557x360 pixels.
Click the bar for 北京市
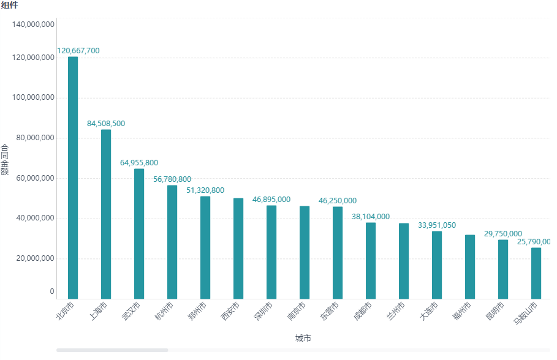tap(73, 178)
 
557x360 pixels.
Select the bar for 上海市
tap(106, 214)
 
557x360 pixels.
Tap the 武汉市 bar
tap(139, 233)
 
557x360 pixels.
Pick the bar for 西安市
tap(238, 248)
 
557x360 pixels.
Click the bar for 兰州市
tap(404, 261)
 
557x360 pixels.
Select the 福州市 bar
tap(470, 266)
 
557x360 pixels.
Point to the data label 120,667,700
tap(78, 51)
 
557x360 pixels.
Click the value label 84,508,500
tap(106, 124)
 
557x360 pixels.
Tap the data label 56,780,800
tap(172, 179)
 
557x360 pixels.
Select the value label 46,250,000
tap(338, 201)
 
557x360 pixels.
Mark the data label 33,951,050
tap(437, 225)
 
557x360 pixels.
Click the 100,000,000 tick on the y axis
tap(34, 98)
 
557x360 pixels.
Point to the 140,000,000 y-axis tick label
tap(34, 25)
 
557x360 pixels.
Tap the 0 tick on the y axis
tap(52, 292)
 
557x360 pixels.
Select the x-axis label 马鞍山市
tap(525, 313)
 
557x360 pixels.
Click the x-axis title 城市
tap(303, 339)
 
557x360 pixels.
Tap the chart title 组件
tap(9, 6)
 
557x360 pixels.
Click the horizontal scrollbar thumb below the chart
tap(112, 350)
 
